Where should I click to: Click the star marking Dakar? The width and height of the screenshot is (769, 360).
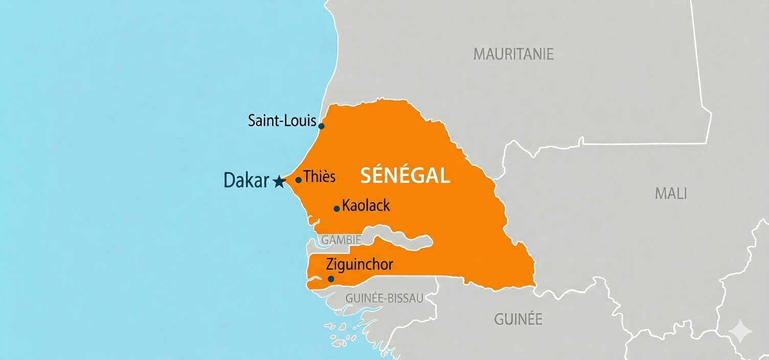click(279, 182)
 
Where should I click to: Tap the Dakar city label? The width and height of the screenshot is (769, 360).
click(246, 181)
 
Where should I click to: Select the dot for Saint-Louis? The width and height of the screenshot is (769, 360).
click(321, 126)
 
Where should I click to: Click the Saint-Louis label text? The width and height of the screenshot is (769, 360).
click(282, 121)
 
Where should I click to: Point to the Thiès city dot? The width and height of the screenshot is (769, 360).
click(298, 180)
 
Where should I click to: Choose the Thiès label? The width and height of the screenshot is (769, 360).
click(320, 177)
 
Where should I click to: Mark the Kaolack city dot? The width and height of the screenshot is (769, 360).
click(336, 209)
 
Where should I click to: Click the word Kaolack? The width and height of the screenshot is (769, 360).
click(366, 206)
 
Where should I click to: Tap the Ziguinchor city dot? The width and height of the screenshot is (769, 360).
click(331, 279)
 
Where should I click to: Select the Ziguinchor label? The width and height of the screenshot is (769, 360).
click(359, 264)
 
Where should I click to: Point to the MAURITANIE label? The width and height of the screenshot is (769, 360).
click(513, 54)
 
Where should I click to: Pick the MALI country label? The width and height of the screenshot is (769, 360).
click(671, 194)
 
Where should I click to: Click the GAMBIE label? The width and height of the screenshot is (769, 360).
click(341, 240)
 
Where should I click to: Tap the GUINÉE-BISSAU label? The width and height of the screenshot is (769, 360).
click(384, 298)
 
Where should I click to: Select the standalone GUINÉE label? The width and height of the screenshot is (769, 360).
click(518, 320)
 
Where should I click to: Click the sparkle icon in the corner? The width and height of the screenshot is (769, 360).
click(740, 332)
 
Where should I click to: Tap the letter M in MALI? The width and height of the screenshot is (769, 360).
click(660, 194)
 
